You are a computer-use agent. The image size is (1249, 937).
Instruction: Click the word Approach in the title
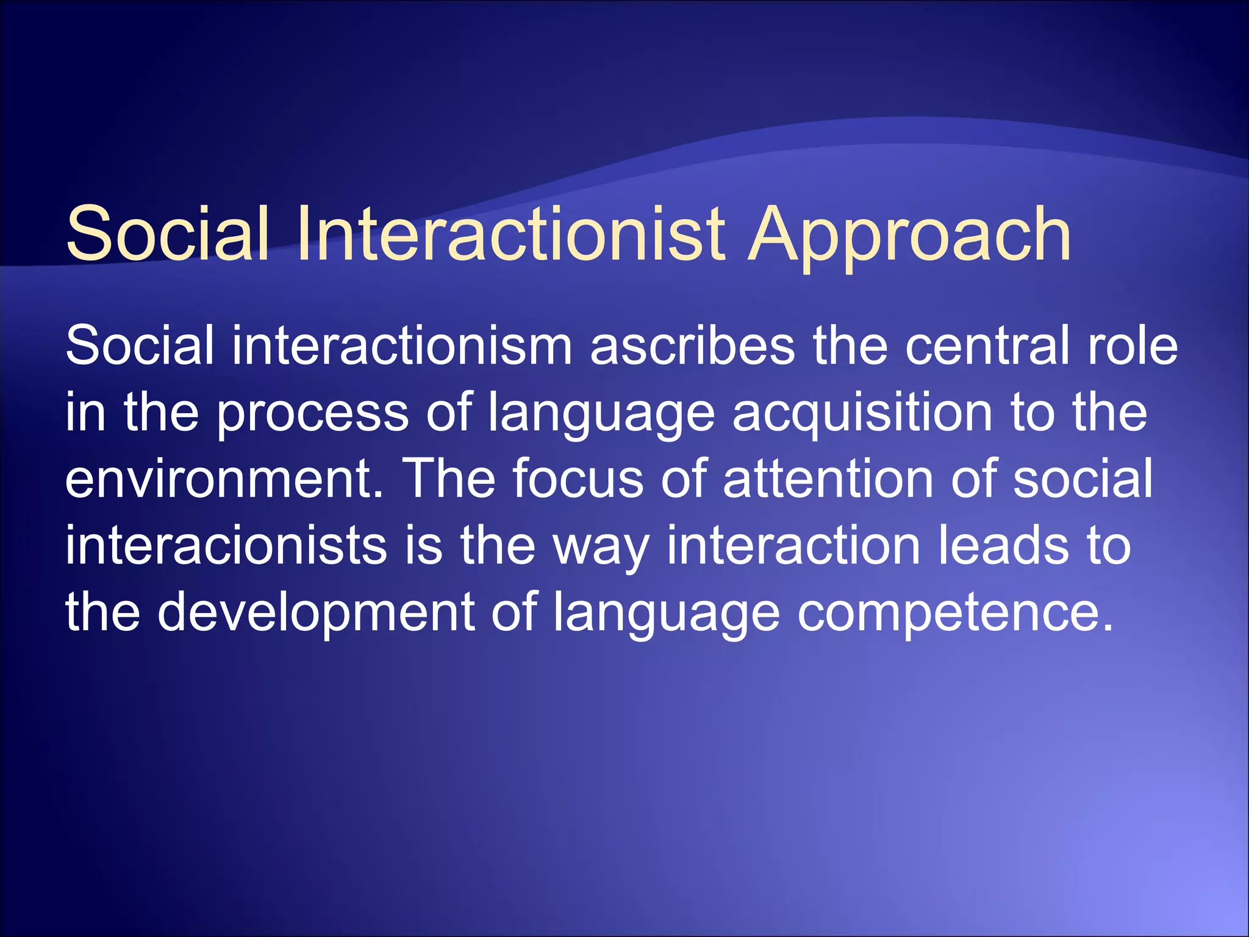pos(909,235)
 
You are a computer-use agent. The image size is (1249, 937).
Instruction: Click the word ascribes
pos(693,346)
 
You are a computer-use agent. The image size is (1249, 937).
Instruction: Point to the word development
pos(317,613)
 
